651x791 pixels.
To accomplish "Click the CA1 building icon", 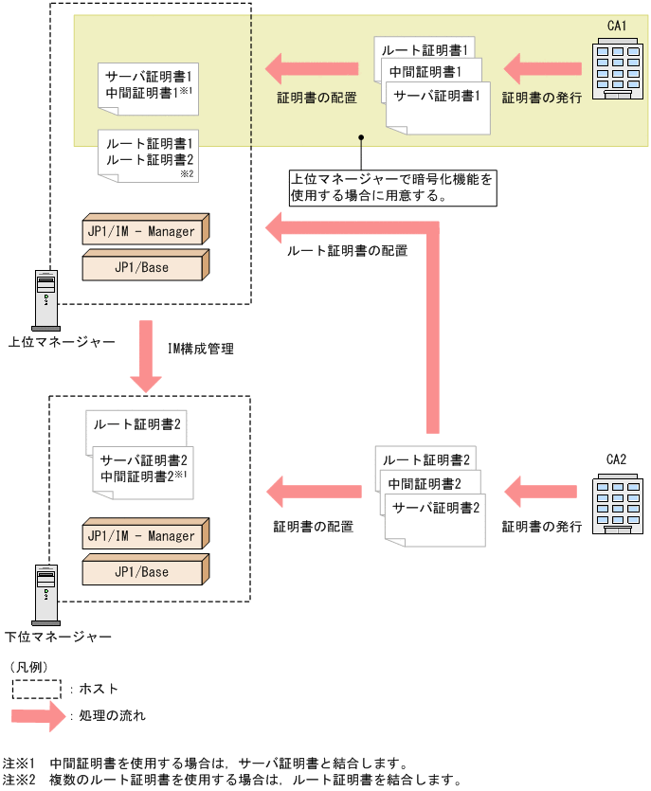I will (616, 65).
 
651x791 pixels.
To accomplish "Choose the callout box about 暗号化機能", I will (391, 188).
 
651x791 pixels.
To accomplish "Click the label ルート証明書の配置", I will (347, 251).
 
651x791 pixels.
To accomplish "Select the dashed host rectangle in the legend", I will (36, 689).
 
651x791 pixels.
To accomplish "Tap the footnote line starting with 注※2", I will (232, 781).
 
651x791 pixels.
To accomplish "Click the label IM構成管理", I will (200, 349).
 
